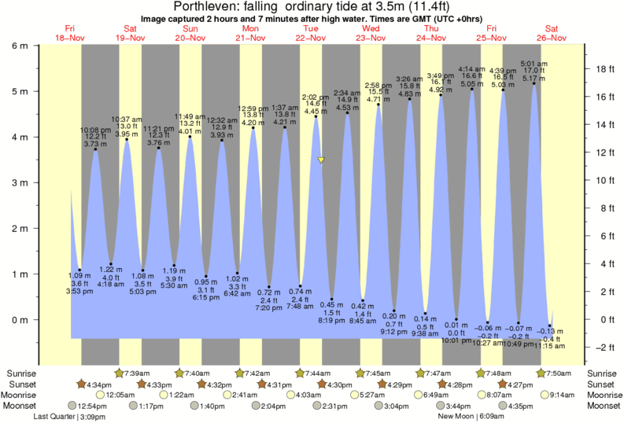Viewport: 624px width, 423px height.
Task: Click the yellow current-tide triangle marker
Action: pyautogui.click(x=321, y=160)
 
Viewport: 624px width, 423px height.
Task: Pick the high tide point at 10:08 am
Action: pyautogui.click(x=95, y=149)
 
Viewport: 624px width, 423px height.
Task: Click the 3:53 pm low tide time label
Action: pyautogui.click(x=80, y=292)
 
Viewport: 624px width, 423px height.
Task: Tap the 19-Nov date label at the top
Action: pyautogui.click(x=130, y=37)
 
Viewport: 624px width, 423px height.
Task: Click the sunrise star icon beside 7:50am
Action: pyautogui.click(x=541, y=373)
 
